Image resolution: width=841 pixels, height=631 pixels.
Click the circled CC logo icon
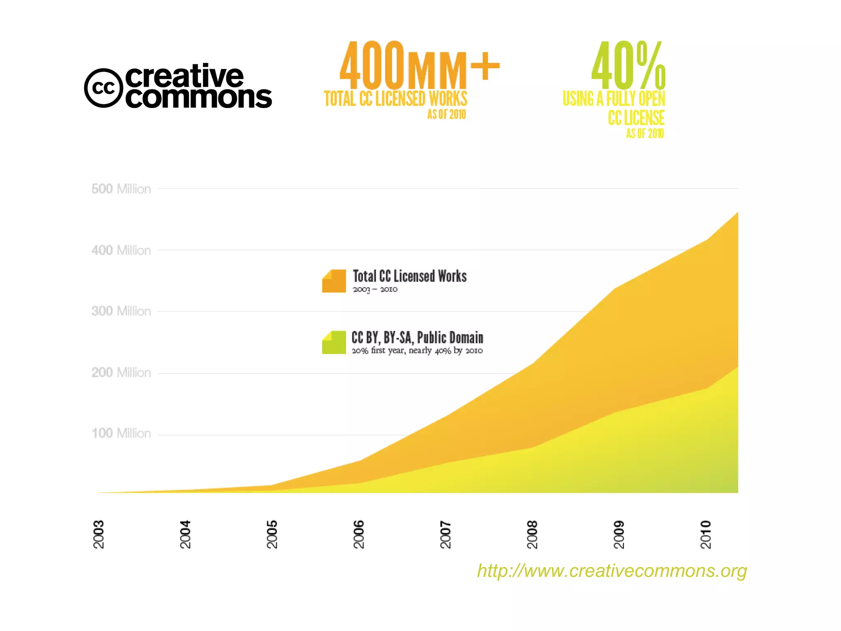click(x=103, y=88)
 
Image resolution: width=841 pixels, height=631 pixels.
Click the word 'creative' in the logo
click(x=184, y=76)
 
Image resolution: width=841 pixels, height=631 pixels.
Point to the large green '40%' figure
click(x=628, y=65)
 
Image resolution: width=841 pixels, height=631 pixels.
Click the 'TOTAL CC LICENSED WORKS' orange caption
click(x=395, y=99)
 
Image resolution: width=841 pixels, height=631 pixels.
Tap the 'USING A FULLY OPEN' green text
click(x=614, y=99)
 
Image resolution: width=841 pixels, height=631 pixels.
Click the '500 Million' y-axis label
click(x=121, y=189)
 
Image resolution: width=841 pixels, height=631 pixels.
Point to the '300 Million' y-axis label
click(x=121, y=311)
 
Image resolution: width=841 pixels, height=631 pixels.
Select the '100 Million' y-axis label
click(x=121, y=433)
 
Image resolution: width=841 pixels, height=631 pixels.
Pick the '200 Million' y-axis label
click(x=121, y=373)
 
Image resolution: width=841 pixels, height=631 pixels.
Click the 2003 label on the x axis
click(x=99, y=534)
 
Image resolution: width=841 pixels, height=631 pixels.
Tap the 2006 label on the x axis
click(x=359, y=534)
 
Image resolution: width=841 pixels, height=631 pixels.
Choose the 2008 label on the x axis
click(x=532, y=534)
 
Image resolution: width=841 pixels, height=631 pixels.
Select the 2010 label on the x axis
click(x=705, y=534)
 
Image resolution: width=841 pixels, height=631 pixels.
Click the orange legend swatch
click(x=334, y=281)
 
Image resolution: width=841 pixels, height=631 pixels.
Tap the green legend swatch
click(x=334, y=342)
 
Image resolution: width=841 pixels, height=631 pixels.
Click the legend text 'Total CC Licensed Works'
click(x=409, y=276)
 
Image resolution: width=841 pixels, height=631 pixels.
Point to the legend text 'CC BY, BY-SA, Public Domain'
click(x=417, y=338)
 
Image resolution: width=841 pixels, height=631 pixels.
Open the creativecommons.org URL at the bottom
click(x=612, y=571)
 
